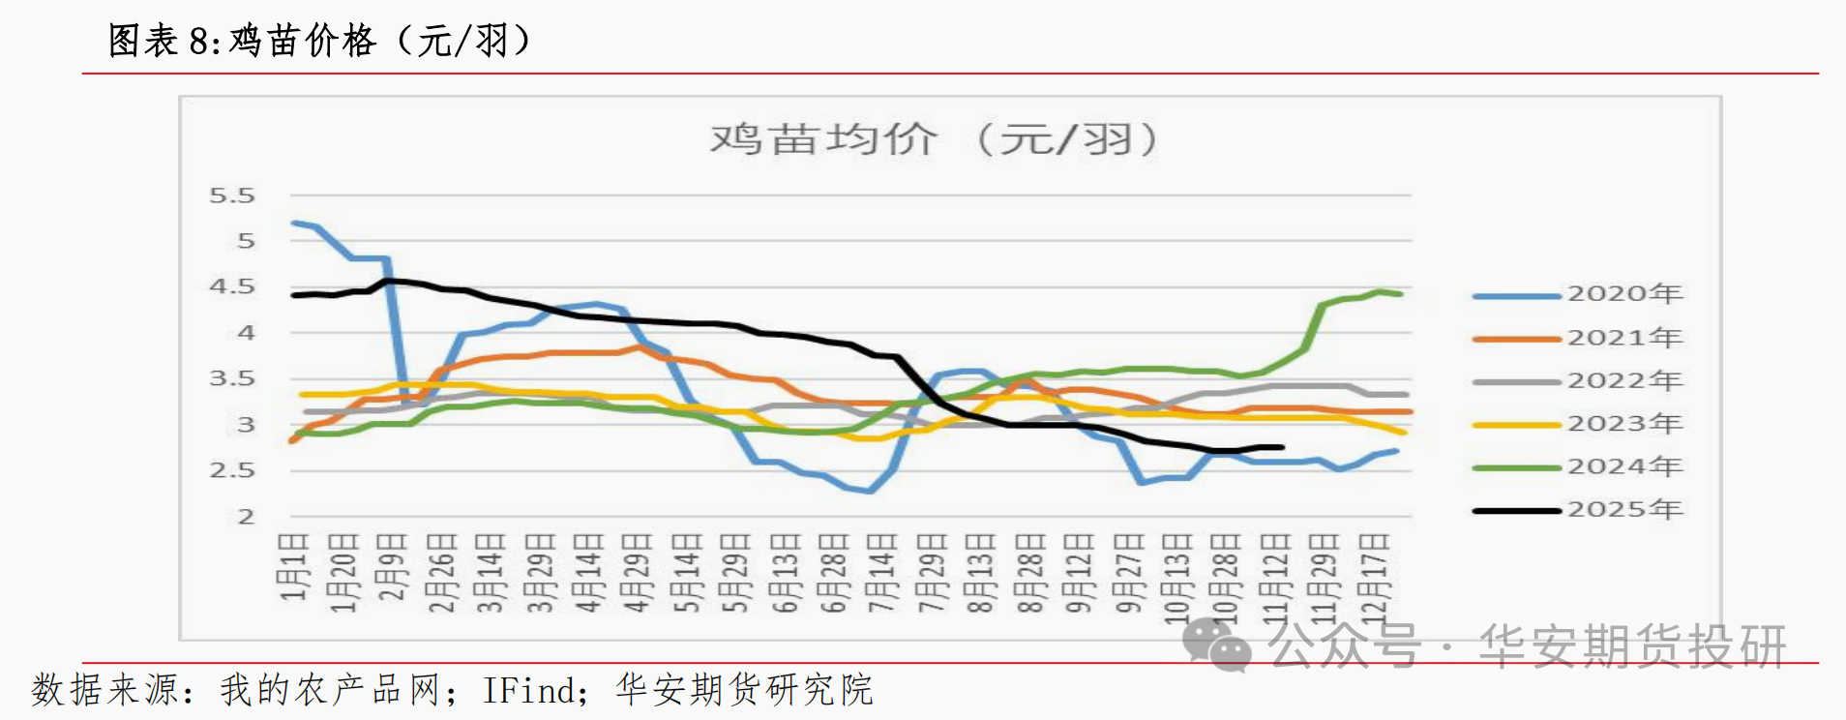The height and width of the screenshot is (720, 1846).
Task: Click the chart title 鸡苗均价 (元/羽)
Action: pyautogui.click(x=933, y=139)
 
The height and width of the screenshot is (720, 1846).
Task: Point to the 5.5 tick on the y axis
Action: pyautogui.click(x=232, y=196)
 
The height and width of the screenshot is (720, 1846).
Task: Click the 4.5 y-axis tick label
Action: pyautogui.click(x=232, y=287)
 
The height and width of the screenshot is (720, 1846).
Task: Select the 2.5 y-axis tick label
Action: pyautogui.click(x=232, y=471)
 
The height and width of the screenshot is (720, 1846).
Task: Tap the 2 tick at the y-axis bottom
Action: pyautogui.click(x=246, y=517)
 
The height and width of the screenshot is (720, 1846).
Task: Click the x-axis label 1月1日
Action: pyautogui.click(x=294, y=565)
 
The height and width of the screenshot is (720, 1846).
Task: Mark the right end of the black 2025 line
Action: pyautogui.click(x=1282, y=447)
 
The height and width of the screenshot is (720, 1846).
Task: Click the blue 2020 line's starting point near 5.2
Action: pyautogui.click(x=293, y=224)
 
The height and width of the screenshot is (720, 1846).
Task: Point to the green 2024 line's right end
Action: pyautogui.click(x=1400, y=293)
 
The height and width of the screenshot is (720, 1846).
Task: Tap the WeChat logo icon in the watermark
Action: pyautogui.click(x=1216, y=644)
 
